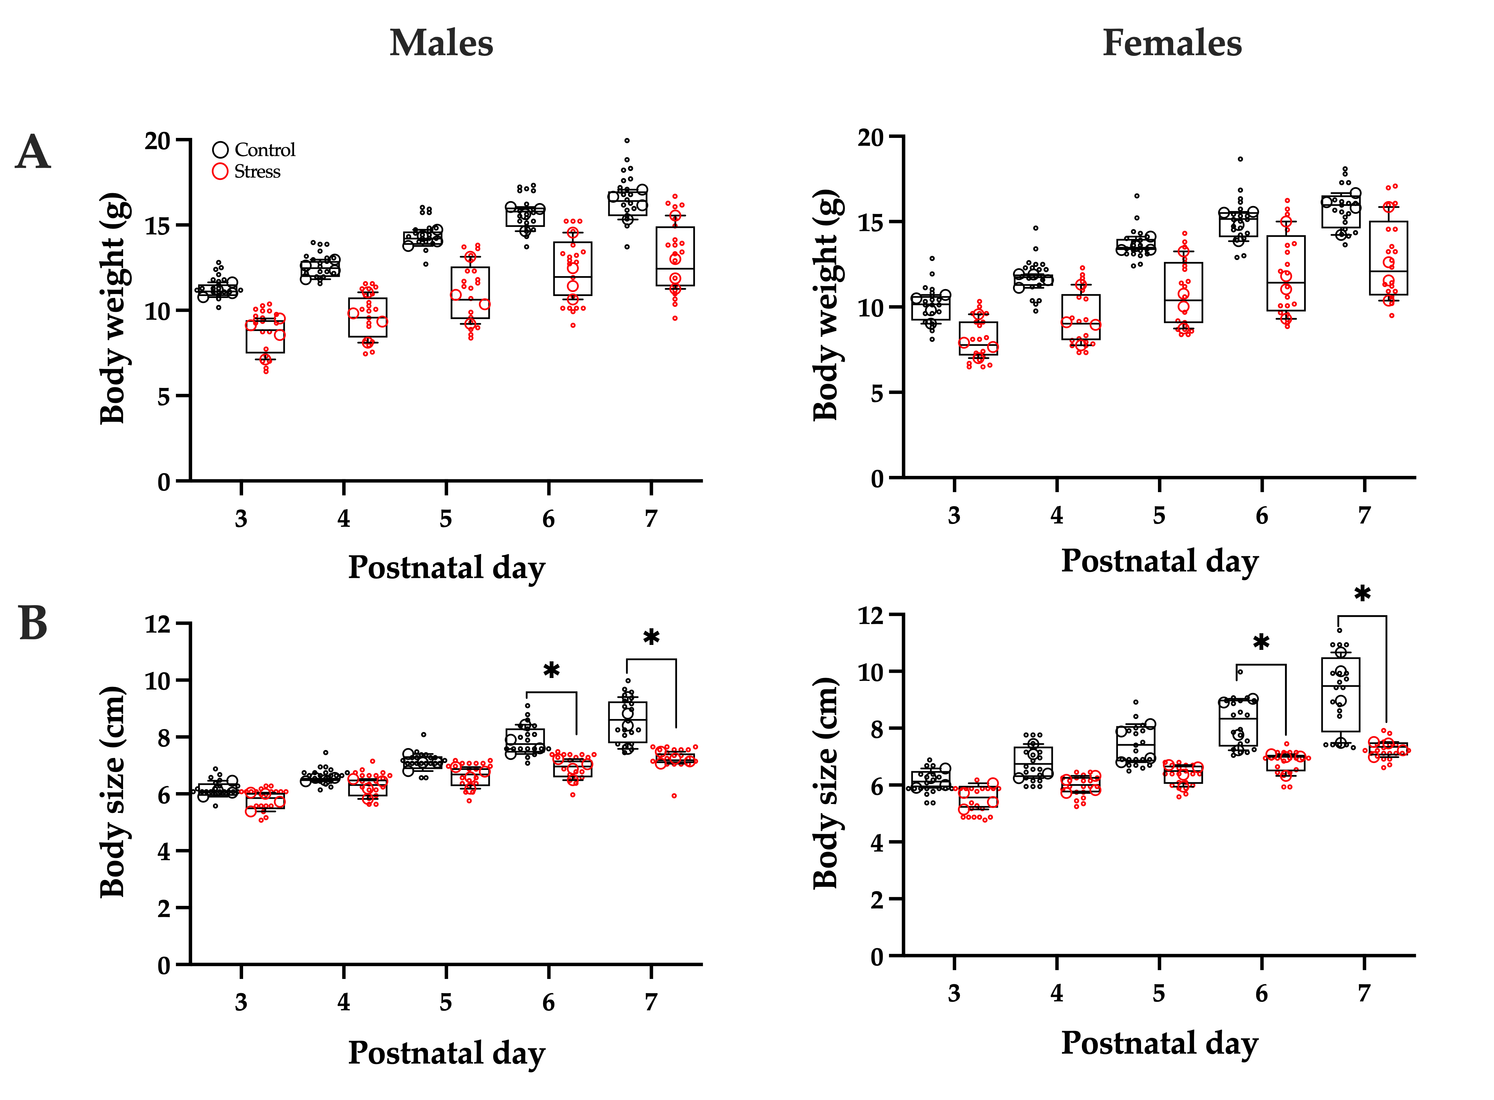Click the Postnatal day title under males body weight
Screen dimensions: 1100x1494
[x=446, y=567]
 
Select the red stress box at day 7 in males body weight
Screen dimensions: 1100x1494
[x=675, y=256]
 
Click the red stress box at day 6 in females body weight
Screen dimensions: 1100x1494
[x=1286, y=273]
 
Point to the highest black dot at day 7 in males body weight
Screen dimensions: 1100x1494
[x=626, y=141]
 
